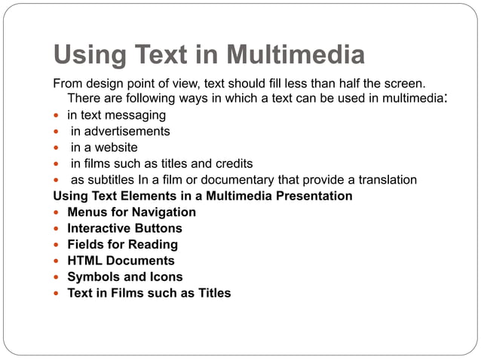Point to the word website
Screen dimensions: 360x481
[x=115, y=147]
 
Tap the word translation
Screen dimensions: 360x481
[x=384, y=179]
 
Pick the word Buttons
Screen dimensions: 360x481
[x=156, y=228]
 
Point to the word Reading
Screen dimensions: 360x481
[x=154, y=244]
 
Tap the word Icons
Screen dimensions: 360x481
[x=165, y=276]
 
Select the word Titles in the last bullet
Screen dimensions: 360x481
[x=213, y=293]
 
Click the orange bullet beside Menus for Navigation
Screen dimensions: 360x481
[x=57, y=212]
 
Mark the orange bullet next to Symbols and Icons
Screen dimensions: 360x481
[x=57, y=277]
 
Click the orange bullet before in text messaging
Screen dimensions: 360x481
[x=57, y=115]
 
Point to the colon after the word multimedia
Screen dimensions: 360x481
[x=448, y=99]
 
